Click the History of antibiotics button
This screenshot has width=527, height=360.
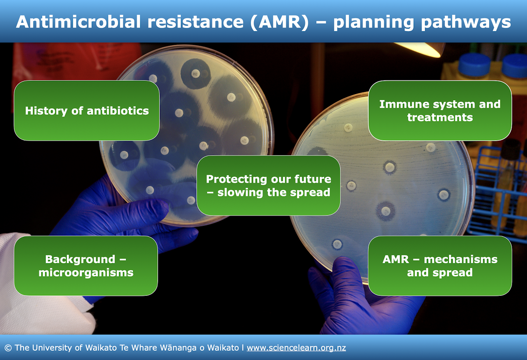point(87,110)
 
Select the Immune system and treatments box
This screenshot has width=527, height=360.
point(440,110)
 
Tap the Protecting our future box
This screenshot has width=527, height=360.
point(268,185)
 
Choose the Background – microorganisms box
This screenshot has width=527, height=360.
point(86,265)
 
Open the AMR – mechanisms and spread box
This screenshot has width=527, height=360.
point(440,265)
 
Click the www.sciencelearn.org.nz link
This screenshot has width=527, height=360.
point(296,348)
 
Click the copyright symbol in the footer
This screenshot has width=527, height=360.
point(8,348)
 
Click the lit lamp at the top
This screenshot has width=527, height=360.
point(419,49)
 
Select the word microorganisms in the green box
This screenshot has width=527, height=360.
point(86,273)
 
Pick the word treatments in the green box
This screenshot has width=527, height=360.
point(440,117)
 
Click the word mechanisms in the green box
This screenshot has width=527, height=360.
point(461,259)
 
